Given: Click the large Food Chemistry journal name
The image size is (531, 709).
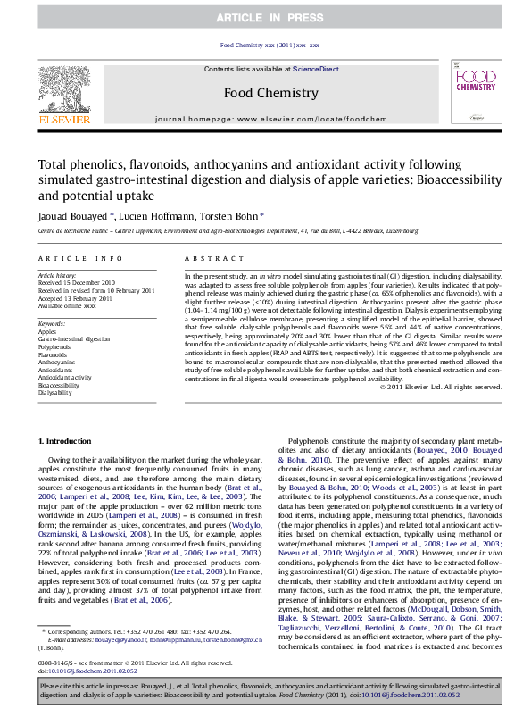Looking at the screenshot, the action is (x=264, y=93).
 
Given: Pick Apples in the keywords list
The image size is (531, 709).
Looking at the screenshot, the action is (x=48, y=329).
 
